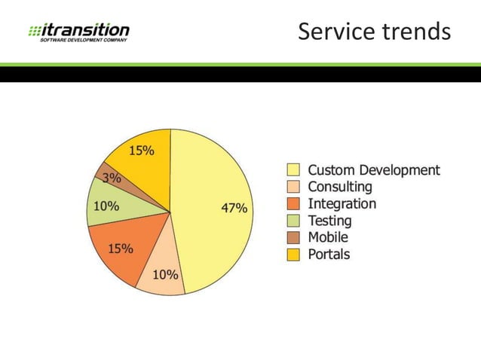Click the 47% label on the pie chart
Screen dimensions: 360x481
pos(233,209)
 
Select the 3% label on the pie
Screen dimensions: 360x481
pos(112,178)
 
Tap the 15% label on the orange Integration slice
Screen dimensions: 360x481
pos(120,249)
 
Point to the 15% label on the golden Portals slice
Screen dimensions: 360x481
pos(142,151)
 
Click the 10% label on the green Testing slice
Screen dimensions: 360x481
pos(106,206)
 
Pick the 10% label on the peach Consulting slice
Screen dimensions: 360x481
pos(165,274)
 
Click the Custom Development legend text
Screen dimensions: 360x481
pos(373,170)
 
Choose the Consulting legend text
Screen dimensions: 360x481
pos(339,187)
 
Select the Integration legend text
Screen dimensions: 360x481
pos(342,203)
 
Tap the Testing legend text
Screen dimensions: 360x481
pos(329,221)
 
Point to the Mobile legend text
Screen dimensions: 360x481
pos(328,237)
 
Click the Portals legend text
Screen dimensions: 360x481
pos(329,254)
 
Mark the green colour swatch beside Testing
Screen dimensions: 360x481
pos(293,221)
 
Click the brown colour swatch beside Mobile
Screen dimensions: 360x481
pos(293,237)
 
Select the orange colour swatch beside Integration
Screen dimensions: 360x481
pos(293,204)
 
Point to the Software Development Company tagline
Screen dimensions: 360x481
pos(83,39)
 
